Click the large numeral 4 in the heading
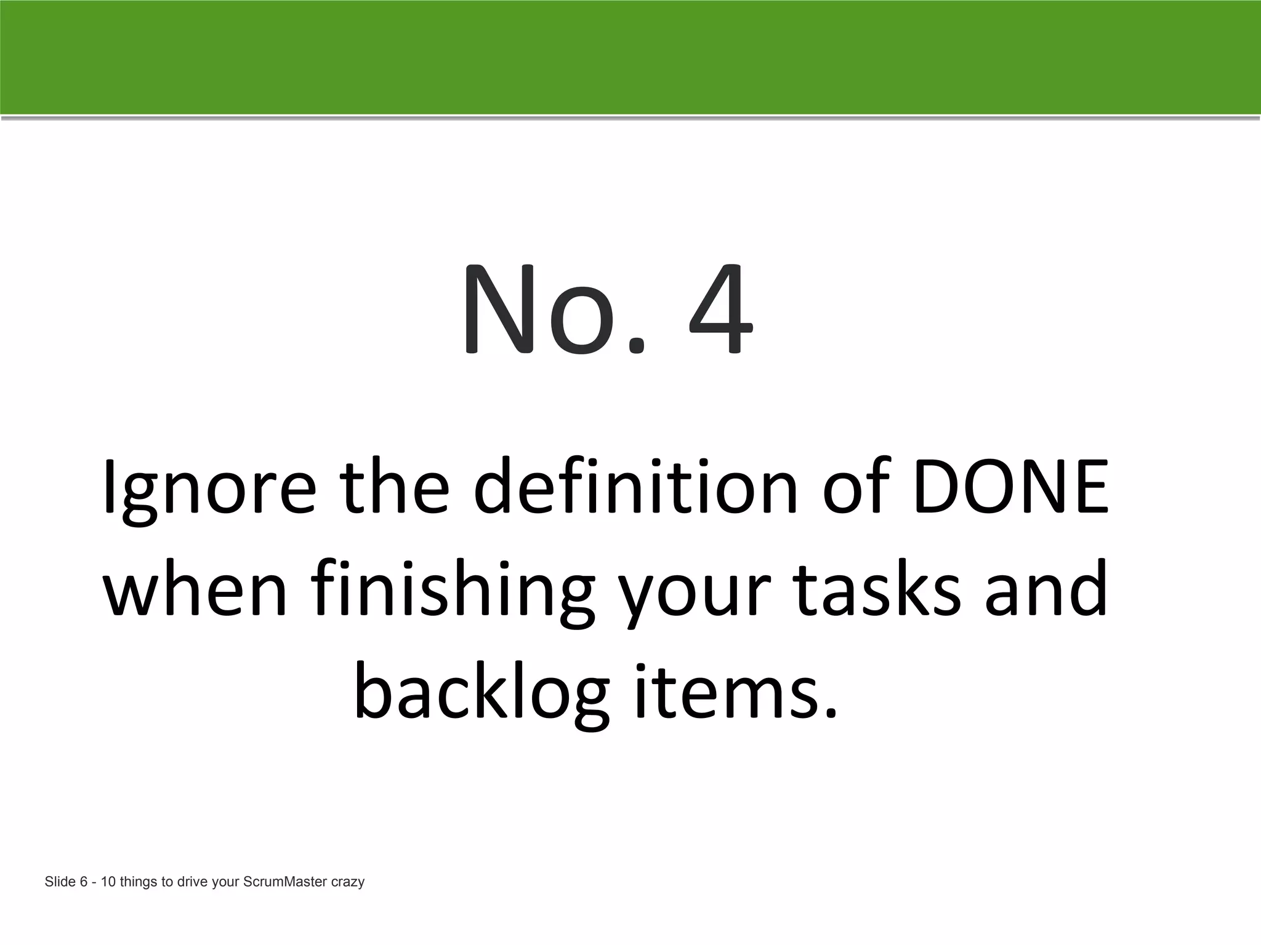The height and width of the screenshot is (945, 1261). (x=720, y=311)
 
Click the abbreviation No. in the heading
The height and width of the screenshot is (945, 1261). (x=554, y=311)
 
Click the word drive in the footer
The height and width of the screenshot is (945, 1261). (x=192, y=882)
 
